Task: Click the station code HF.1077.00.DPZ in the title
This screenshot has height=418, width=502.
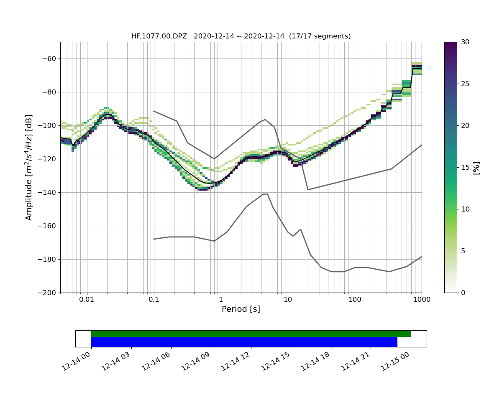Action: point(159,36)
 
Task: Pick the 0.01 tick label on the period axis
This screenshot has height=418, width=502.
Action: point(87,300)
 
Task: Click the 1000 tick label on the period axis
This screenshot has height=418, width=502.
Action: point(421,300)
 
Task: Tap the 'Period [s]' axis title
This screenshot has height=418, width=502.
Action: point(241,309)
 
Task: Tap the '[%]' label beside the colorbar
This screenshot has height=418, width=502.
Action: point(476,167)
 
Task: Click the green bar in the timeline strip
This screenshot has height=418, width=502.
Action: point(251,334)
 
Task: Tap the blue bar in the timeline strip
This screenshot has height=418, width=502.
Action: point(244,342)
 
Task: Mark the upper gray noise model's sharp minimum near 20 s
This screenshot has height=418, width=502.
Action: point(308,190)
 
